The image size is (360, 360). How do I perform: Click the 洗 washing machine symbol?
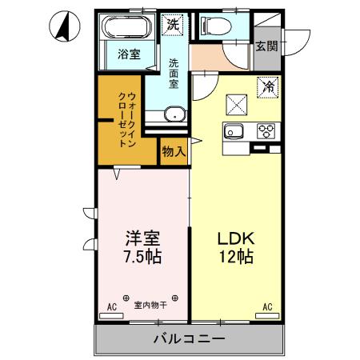click(x=174, y=25)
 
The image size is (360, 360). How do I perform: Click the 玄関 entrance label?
click(x=266, y=46)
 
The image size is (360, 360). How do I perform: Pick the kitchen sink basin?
click(x=234, y=131)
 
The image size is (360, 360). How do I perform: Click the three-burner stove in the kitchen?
click(x=266, y=130)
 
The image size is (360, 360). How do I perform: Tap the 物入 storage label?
click(x=174, y=151)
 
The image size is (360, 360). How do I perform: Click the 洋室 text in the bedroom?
click(x=142, y=239)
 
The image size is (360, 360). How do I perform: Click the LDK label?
click(x=235, y=239)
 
